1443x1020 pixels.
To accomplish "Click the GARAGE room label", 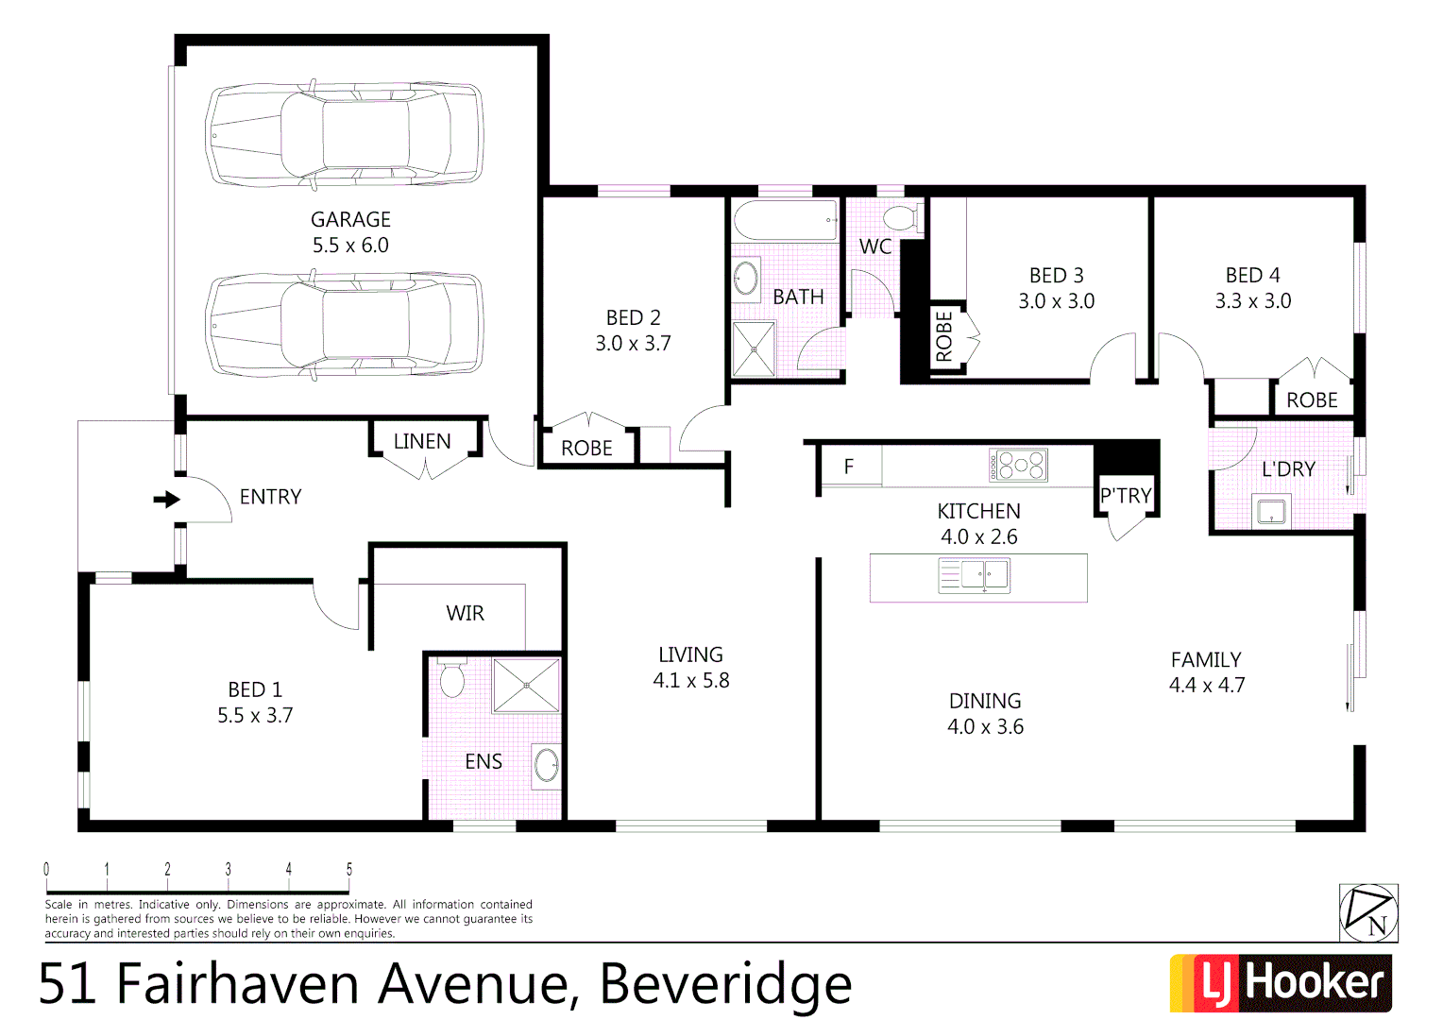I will (350, 219).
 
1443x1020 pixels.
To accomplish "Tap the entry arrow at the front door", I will (167, 499).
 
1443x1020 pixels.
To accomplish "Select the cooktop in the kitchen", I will (1018, 466).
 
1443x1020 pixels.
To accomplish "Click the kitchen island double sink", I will (975, 575).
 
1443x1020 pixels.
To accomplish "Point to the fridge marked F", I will (849, 467).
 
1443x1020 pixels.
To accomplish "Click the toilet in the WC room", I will (903, 217).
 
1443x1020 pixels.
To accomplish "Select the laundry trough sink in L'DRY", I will (1271, 511).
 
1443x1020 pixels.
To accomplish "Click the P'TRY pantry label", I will (1126, 496).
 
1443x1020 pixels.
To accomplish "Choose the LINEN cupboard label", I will (422, 441).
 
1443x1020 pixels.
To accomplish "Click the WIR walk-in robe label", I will (465, 614).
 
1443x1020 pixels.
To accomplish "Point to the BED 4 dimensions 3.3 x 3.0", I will (1252, 301).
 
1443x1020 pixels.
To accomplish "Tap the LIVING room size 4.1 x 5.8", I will (690, 681).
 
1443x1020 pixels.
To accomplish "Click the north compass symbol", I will (1368, 913).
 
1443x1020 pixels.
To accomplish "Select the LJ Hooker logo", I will (1281, 983).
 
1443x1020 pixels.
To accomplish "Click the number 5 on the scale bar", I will (349, 869).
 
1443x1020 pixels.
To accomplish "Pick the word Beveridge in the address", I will (725, 984).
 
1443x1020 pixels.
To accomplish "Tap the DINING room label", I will (985, 701).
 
